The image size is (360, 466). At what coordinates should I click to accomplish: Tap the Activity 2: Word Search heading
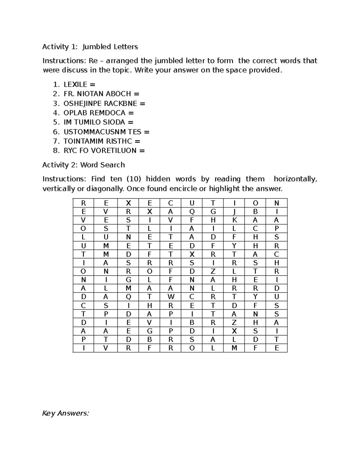coord(83,165)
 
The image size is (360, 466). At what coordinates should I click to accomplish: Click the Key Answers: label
coord(66,413)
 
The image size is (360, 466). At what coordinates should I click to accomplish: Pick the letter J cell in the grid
coord(234,212)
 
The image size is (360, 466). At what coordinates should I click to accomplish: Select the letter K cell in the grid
coord(234,220)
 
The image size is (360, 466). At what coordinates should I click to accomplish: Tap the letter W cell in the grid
coord(170,297)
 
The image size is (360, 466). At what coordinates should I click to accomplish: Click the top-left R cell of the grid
coord(83,203)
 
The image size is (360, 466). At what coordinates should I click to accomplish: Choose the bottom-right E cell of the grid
coord(277,348)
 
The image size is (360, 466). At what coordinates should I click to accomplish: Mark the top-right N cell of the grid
coord(277,203)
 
